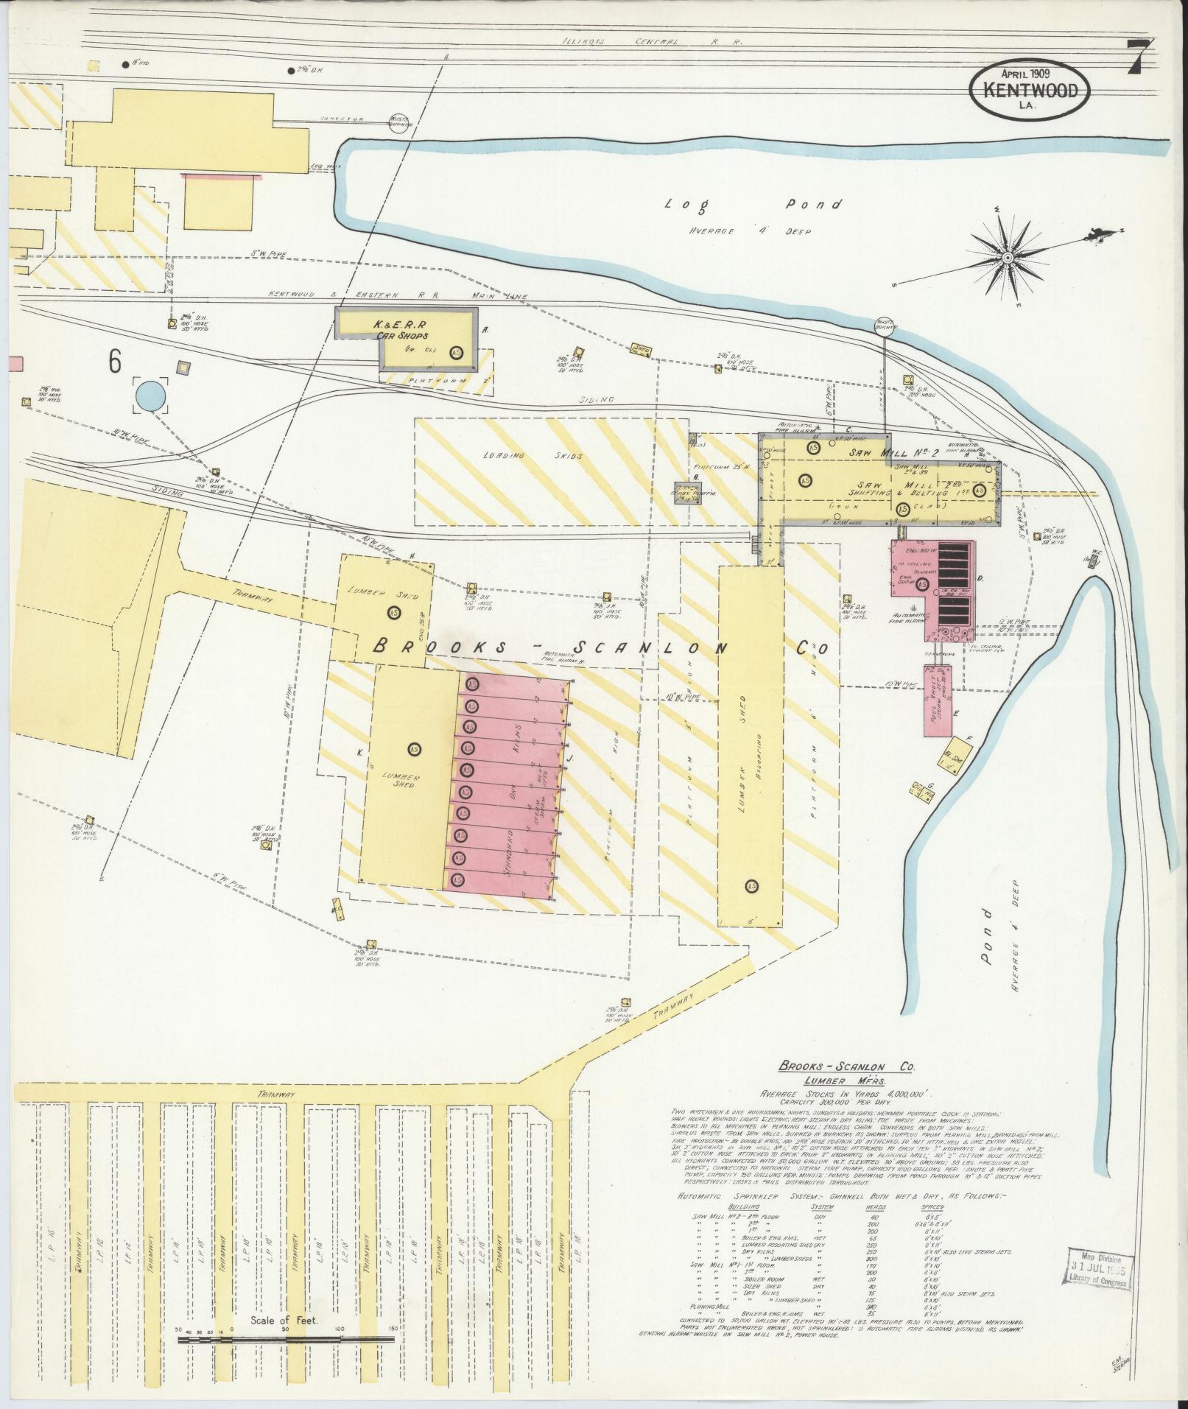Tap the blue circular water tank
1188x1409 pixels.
tap(151, 396)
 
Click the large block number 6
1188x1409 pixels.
tap(115, 361)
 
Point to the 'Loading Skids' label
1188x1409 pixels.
tap(532, 455)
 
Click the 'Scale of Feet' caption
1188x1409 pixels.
tap(284, 1321)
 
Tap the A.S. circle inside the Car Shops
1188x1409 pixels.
tap(457, 352)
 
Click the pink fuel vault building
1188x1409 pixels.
tap(938, 700)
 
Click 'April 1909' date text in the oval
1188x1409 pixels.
tap(1024, 74)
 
